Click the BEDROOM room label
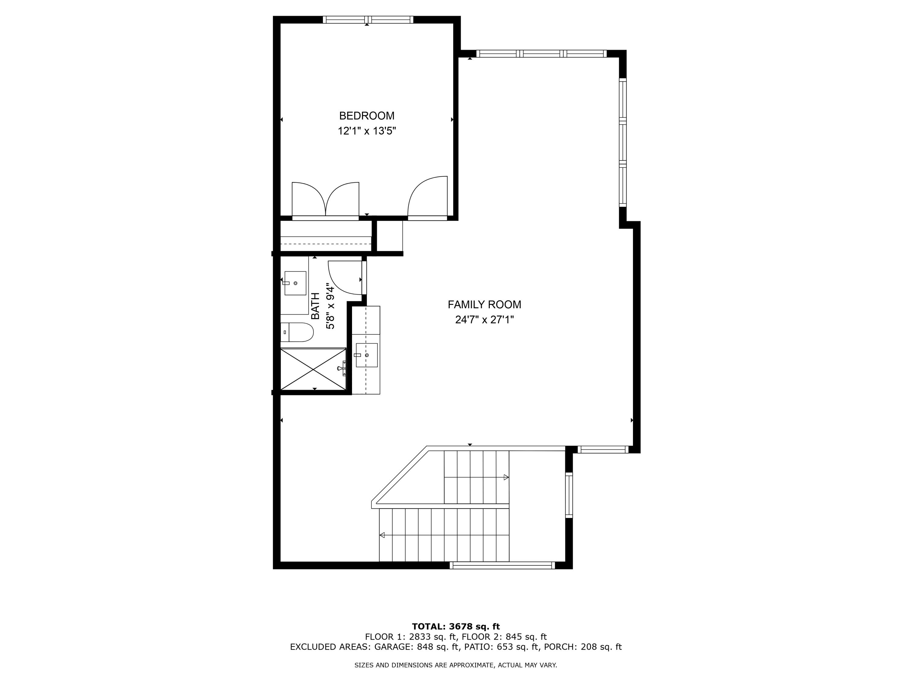pos(367,116)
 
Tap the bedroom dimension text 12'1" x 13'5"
pos(367,131)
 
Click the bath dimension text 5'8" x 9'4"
pos(330,306)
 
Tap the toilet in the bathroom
pos(298,332)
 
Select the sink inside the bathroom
pos(295,283)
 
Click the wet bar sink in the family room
pos(367,355)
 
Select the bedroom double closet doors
pos(325,199)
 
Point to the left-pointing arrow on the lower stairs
pos(382,535)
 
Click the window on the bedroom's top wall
pos(368,19)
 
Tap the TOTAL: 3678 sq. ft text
pos(456,627)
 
